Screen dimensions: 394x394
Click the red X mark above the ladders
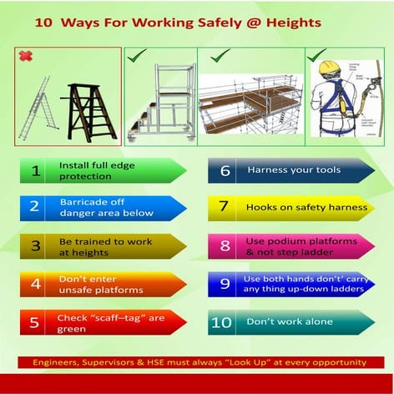pyautogui.click(x=26, y=57)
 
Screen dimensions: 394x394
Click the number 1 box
pyautogui.click(x=35, y=171)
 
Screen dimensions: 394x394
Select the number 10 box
pyautogui.click(x=223, y=322)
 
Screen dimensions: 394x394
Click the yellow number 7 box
pyautogui.click(x=223, y=207)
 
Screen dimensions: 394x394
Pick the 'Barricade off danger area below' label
pyautogui.click(x=107, y=207)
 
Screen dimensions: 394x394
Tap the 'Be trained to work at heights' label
pyautogui.click(x=107, y=245)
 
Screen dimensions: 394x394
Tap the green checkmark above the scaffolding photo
pyautogui.click(x=220, y=57)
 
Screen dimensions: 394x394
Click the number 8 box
pyautogui.click(x=223, y=246)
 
